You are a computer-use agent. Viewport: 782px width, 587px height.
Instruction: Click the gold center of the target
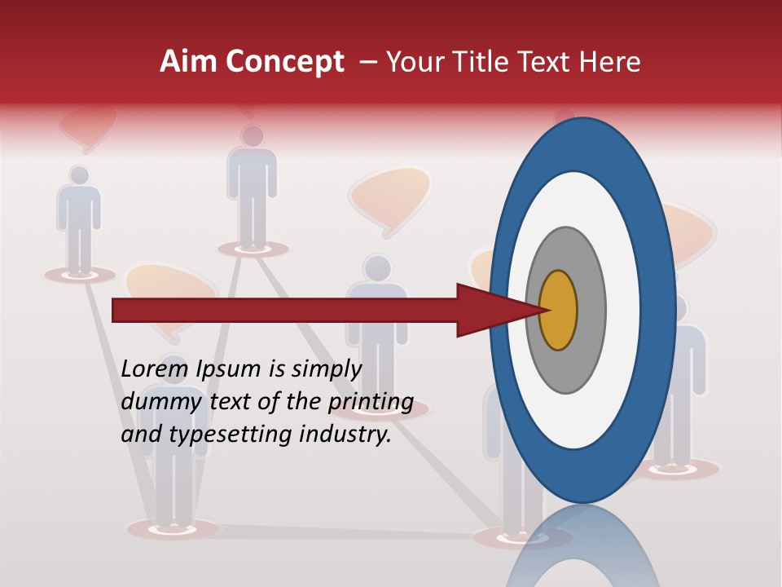tap(558, 311)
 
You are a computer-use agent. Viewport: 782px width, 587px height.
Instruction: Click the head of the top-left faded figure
tap(79, 175)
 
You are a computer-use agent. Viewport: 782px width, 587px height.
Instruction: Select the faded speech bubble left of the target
tap(389, 196)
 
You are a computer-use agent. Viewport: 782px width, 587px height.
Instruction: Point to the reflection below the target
tap(583, 550)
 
